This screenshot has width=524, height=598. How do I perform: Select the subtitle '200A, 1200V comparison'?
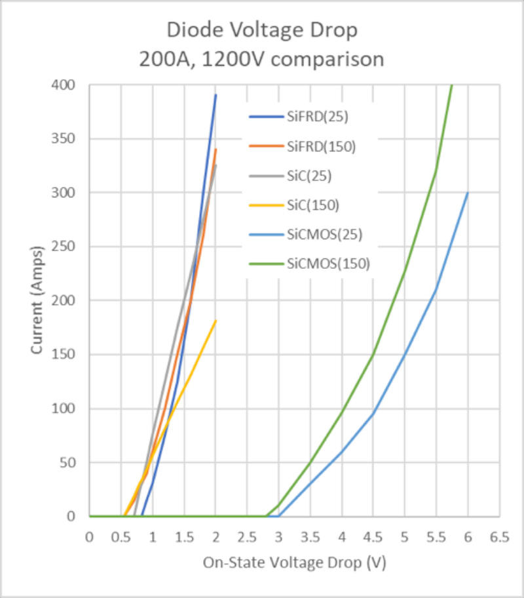(261, 59)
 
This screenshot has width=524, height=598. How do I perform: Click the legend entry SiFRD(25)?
(317, 117)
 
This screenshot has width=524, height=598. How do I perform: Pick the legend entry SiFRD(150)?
(320, 146)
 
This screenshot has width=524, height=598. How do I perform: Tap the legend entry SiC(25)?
(309, 176)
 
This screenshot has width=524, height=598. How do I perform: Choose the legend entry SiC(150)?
(312, 205)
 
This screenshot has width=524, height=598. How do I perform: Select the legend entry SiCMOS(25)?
(324, 234)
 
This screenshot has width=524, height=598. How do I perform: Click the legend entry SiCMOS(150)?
(328, 264)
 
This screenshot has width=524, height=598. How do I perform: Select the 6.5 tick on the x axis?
(499, 536)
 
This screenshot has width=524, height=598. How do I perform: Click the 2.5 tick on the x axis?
(247, 536)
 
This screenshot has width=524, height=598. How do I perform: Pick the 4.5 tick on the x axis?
(373, 536)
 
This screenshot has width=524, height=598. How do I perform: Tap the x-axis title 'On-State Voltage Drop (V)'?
(294, 563)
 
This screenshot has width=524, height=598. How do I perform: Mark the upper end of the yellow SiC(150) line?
(215, 321)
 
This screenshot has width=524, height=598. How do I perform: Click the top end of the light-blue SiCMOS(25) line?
(468, 193)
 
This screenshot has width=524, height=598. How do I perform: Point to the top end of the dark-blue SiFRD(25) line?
(215, 95)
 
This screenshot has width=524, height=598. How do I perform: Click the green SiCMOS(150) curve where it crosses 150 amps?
(373, 355)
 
